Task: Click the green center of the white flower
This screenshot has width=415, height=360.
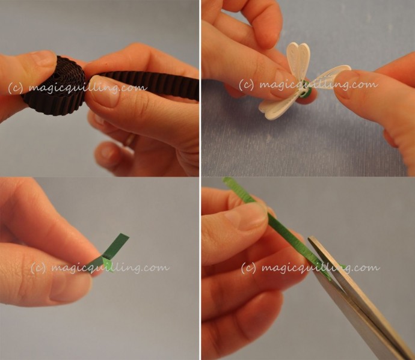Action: click(x=307, y=93)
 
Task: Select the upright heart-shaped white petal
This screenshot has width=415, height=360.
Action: click(x=299, y=59)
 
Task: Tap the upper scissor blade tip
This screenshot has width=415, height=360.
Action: click(x=310, y=239)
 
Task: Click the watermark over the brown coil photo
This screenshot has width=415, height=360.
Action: click(x=77, y=88)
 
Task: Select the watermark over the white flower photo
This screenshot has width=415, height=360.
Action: click(x=309, y=84)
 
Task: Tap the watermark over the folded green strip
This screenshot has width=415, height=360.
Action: click(x=100, y=267)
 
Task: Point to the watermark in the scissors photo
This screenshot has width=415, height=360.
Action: click(x=310, y=267)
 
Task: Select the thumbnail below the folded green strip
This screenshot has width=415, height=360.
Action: click(x=71, y=287)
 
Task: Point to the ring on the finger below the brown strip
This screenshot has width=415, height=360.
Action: click(x=131, y=139)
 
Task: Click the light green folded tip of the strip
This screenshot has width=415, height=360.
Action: click(x=108, y=264)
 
